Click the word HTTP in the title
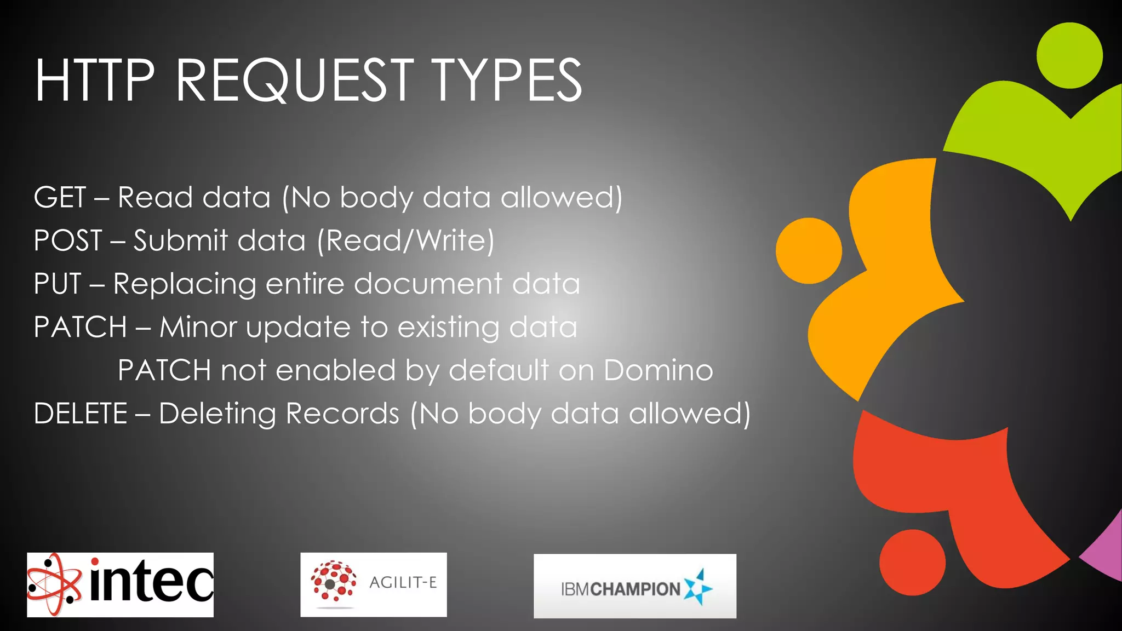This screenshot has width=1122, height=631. point(94,81)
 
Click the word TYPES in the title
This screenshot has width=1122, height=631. point(506,81)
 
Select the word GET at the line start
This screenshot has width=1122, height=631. point(60,197)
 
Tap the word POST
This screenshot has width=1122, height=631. point(68,240)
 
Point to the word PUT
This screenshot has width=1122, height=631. point(58,284)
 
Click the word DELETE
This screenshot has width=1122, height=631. point(81,414)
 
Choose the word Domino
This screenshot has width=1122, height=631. point(658,370)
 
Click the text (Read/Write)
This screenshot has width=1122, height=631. point(405,240)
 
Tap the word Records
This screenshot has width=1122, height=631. point(342,414)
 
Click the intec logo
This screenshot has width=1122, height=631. point(121,584)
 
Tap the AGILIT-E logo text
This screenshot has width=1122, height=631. point(403,582)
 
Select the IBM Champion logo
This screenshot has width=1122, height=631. point(634,586)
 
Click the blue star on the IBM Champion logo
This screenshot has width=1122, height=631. point(698,587)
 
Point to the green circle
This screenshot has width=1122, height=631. point(1069,56)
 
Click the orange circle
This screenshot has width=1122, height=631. point(809,251)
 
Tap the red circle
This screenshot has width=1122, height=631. point(912,563)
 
